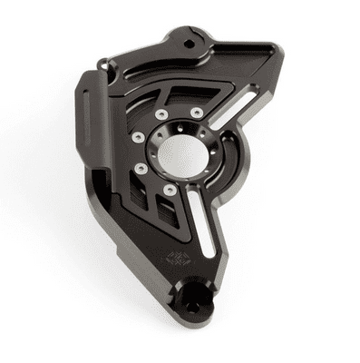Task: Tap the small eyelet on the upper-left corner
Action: point(106,63)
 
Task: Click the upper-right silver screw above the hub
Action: point(197,113)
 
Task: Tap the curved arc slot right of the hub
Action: point(232,154)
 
